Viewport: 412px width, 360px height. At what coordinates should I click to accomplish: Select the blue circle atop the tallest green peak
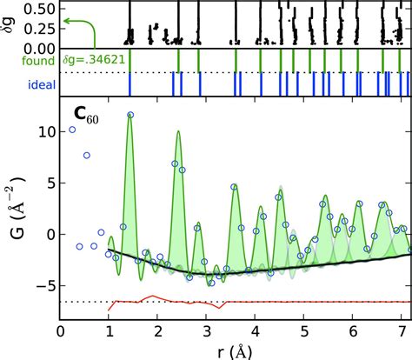point(130,115)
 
